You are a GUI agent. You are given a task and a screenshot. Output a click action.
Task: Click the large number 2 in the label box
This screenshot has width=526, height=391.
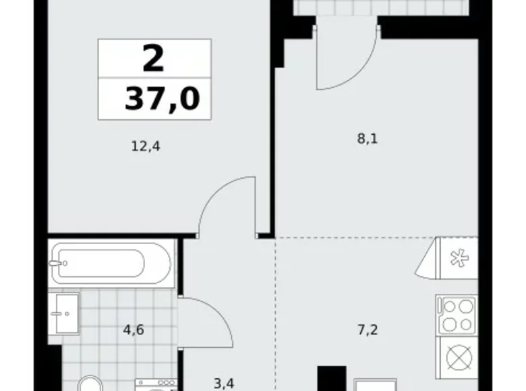point(153,59)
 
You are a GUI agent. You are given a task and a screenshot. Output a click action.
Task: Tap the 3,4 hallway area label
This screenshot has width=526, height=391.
point(224,384)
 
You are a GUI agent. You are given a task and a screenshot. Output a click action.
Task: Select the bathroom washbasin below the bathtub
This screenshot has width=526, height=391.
point(67,313)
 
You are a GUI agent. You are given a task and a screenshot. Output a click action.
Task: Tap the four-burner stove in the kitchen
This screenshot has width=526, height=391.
point(457,315)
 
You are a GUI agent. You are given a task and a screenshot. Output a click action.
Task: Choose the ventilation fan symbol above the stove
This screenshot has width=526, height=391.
point(457,258)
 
